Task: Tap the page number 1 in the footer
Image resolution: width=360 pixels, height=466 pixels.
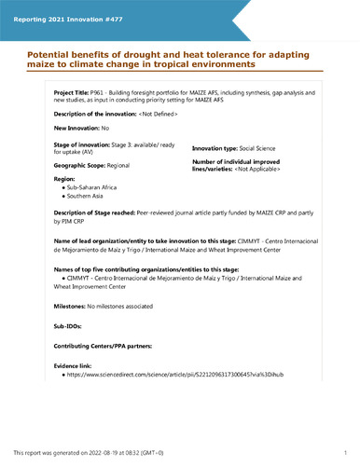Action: (345, 452)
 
